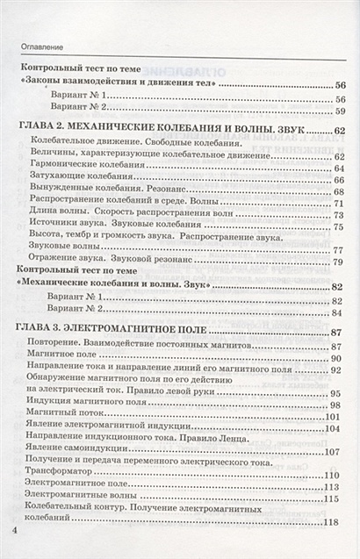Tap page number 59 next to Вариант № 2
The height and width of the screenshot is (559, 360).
339,112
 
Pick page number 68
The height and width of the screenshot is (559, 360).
338,192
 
